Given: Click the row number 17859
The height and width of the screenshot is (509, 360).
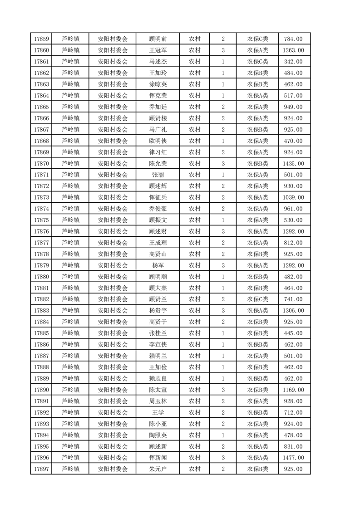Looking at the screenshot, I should pyautogui.click(x=41, y=39).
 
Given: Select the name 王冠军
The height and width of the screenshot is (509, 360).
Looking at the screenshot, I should pyautogui.click(x=158, y=50).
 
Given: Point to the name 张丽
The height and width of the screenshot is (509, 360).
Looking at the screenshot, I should pyautogui.click(x=158, y=175).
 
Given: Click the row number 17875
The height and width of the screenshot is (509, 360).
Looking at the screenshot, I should pyautogui.click(x=41, y=220).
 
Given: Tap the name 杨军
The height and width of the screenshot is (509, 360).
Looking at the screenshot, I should pyautogui.click(x=158, y=265).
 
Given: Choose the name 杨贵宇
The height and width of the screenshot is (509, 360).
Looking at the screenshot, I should pyautogui.click(x=158, y=310).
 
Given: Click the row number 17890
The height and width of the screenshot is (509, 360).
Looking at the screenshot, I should pyautogui.click(x=41, y=390).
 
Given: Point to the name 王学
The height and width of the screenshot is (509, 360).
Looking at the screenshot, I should pyautogui.click(x=158, y=412).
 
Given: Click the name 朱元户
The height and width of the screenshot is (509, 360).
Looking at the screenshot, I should pyautogui.click(x=158, y=469).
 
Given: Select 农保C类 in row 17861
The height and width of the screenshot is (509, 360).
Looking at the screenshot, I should pyautogui.click(x=257, y=62).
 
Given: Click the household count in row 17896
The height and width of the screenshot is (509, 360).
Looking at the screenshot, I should pyautogui.click(x=223, y=458).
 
